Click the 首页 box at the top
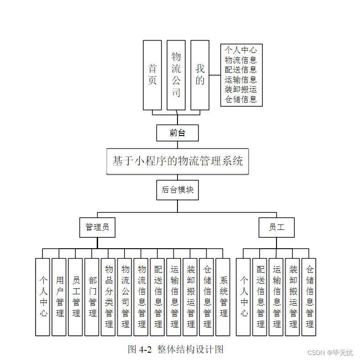(152, 75)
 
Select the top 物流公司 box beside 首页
(176, 75)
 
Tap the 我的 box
(200, 75)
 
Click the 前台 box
(177, 133)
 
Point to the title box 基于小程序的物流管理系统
(177, 161)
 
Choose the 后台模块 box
(177, 190)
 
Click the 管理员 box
(97, 227)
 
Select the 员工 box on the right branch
(277, 227)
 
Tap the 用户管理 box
(59, 297)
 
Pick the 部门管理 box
(92, 297)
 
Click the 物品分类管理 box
(108, 297)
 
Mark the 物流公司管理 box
(125, 297)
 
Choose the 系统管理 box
(223, 297)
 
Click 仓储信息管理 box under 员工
(309, 297)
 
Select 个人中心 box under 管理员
(42, 297)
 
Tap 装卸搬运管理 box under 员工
(292, 297)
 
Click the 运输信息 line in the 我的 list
(241, 80)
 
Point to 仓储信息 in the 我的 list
(241, 99)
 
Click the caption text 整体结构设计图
(190, 350)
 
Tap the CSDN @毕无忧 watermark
(330, 353)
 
